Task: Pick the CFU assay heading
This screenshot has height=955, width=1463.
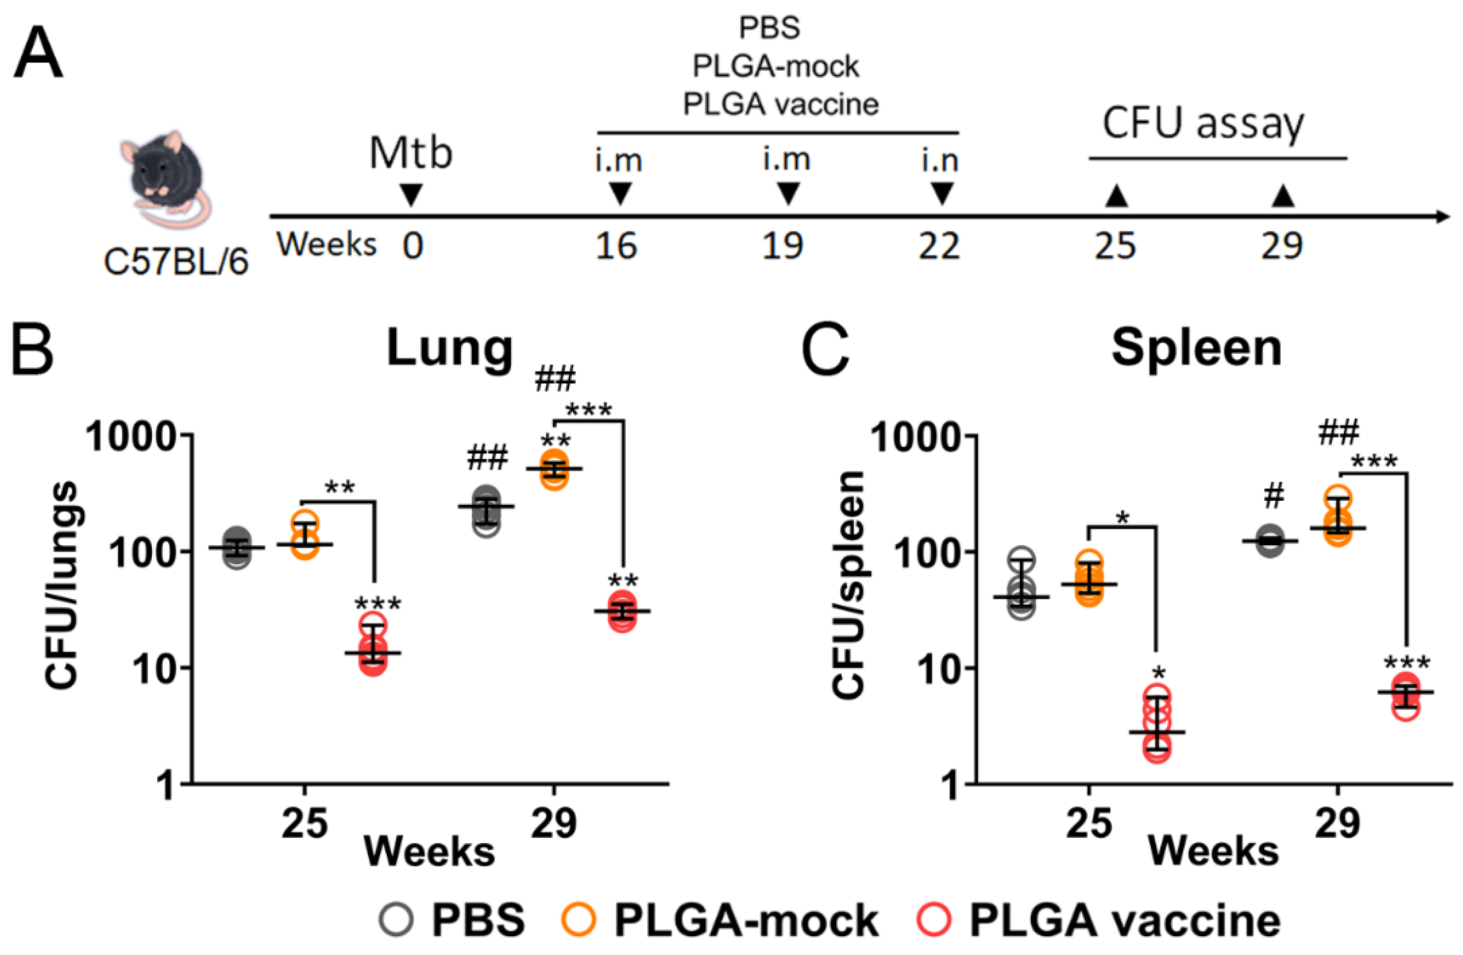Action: click(x=1203, y=124)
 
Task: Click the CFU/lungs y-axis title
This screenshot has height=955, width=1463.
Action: click(x=62, y=584)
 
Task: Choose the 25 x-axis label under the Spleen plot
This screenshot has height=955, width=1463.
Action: click(x=1089, y=823)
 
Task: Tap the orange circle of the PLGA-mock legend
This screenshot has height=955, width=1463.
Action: click(x=579, y=920)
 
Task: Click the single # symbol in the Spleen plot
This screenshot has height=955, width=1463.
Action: click(x=1274, y=496)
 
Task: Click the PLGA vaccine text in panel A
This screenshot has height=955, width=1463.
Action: click(x=780, y=104)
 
